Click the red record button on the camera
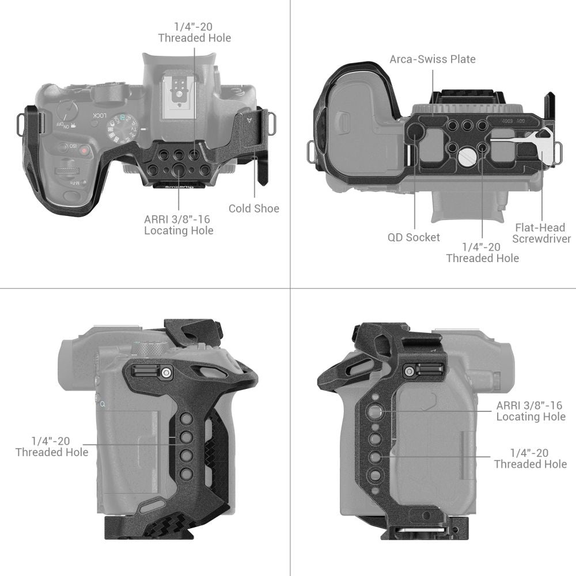84,151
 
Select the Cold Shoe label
253,209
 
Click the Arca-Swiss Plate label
433,59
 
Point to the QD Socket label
414,237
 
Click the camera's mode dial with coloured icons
123,133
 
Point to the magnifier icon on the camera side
102,405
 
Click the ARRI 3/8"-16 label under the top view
179,225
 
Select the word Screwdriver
541,239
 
